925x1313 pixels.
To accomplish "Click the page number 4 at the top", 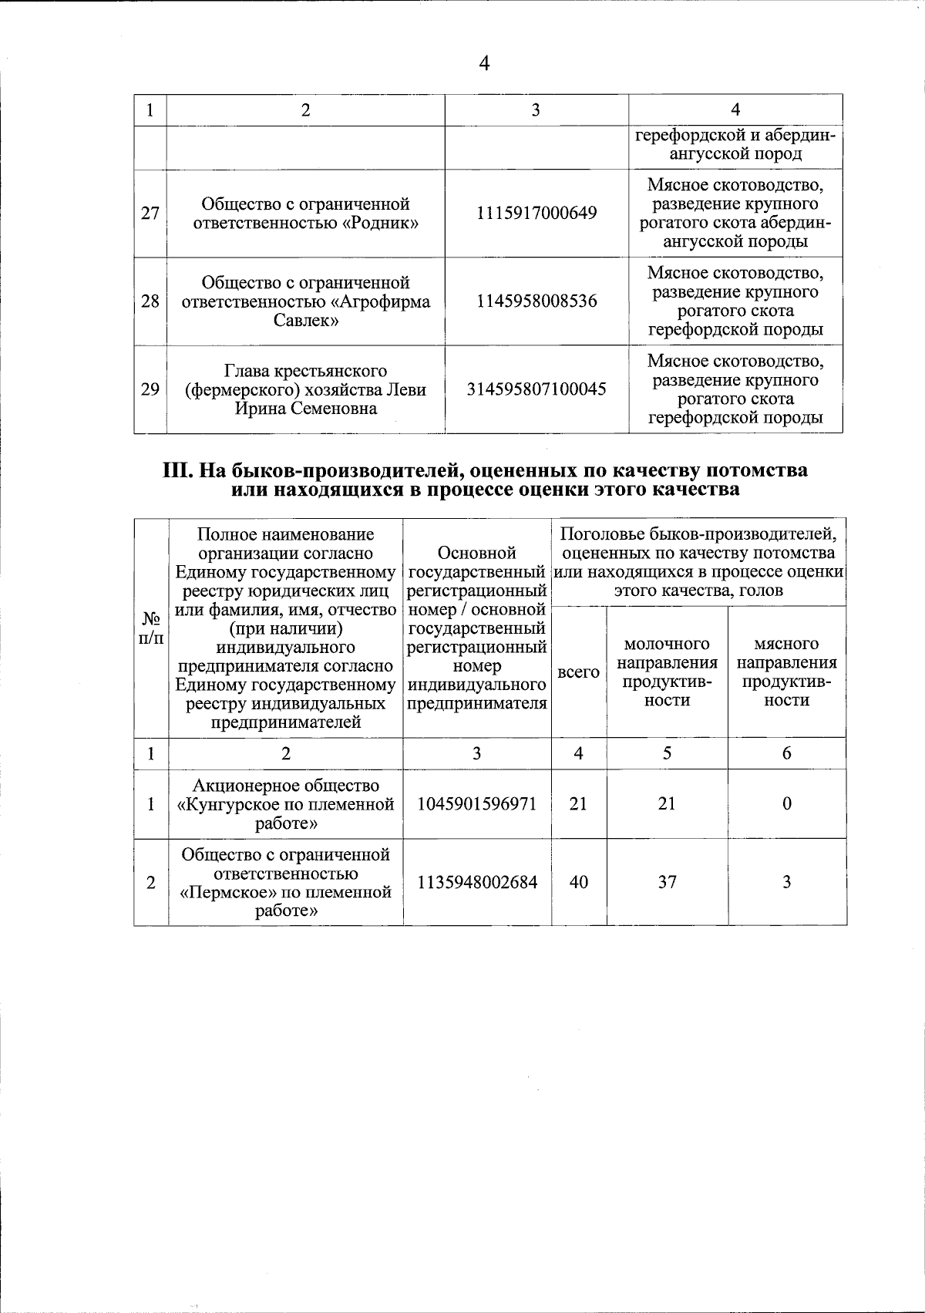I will pyautogui.click(x=484, y=64).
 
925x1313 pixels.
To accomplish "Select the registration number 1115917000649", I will pyautogui.click(x=536, y=213).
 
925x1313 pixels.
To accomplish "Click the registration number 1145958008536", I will pyautogui.click(x=536, y=301).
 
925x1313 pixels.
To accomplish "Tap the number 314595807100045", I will pyautogui.click(x=536, y=389).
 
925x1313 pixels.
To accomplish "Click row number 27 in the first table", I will pyautogui.click(x=150, y=213).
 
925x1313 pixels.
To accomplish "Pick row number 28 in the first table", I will pyautogui.click(x=150, y=301).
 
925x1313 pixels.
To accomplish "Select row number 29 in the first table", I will pyautogui.click(x=150, y=389).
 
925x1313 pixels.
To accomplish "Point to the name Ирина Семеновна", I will pyautogui.click(x=306, y=409).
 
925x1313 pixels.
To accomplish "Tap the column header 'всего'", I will pyautogui.click(x=578, y=672).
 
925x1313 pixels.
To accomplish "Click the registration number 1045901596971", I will pyautogui.click(x=476, y=804).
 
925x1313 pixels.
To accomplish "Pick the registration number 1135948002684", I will pyautogui.click(x=476, y=882).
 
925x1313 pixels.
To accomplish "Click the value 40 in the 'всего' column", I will pyautogui.click(x=578, y=882).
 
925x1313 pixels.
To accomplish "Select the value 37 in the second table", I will pyautogui.click(x=667, y=882).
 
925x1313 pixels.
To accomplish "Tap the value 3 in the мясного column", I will pyautogui.click(x=786, y=882).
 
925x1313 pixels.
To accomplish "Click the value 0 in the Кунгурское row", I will pyautogui.click(x=786, y=804).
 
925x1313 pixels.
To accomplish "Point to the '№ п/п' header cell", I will pyautogui.click(x=150, y=628).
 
